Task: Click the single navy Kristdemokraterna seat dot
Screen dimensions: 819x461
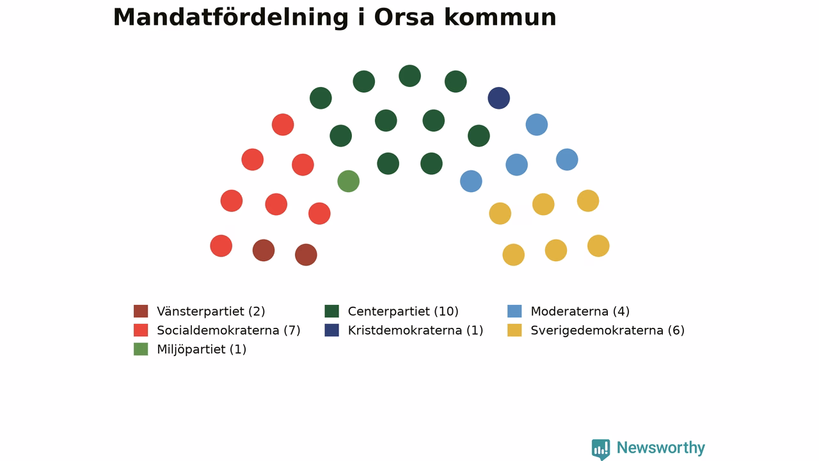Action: [498, 98]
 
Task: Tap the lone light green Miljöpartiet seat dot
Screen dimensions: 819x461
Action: [349, 181]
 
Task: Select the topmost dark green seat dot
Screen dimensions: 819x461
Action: [409, 76]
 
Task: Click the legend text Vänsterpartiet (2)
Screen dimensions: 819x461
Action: [211, 311]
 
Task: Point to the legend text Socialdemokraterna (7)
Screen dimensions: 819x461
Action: [228, 330]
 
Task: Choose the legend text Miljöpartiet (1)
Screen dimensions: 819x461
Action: [202, 350]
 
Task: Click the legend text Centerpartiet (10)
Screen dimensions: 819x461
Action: [403, 311]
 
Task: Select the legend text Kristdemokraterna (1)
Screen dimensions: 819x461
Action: [415, 330]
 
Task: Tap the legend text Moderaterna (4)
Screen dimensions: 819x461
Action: [580, 311]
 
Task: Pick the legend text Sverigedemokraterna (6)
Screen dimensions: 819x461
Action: [607, 330]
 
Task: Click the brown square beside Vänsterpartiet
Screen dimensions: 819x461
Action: [141, 311]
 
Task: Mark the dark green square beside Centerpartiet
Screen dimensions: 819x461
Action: [331, 311]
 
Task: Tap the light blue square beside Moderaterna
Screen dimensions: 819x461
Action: [514, 311]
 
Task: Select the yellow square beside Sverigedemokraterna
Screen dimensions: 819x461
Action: [514, 330]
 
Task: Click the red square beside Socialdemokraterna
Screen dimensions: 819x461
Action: [141, 330]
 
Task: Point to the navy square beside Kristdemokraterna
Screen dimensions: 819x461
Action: [331, 330]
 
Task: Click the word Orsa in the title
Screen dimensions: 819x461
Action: [404, 17]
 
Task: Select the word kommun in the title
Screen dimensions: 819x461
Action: [500, 17]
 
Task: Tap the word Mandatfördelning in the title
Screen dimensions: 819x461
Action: [231, 17]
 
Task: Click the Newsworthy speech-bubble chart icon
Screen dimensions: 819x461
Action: [601, 449]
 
